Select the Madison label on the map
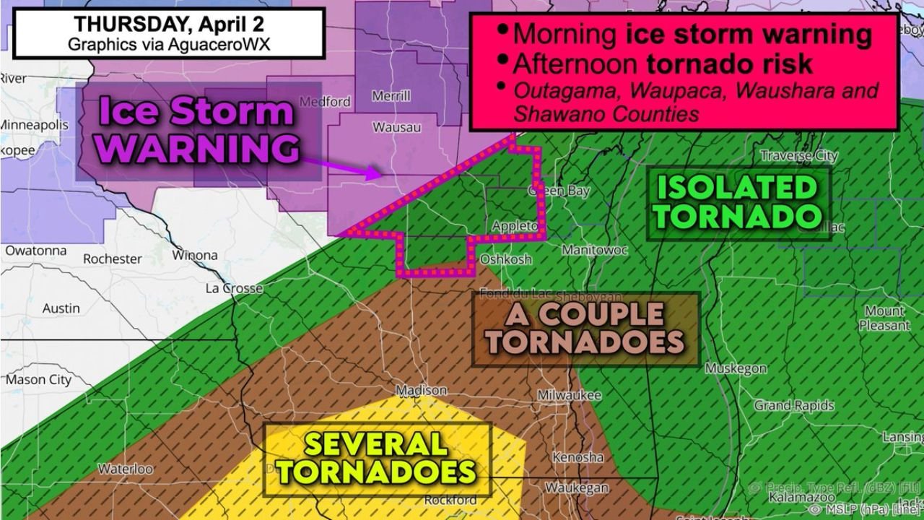[x=422, y=391]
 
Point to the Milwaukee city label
[x=570, y=396]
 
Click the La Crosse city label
[x=234, y=288]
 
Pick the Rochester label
[x=112, y=259]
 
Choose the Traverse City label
[x=800, y=155]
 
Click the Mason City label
[x=39, y=380]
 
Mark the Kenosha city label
[x=577, y=457]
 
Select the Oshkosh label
[x=506, y=259]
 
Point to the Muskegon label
[x=736, y=368]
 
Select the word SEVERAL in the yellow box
[x=375, y=443]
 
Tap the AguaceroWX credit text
[x=170, y=43]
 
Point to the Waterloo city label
[x=125, y=469]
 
